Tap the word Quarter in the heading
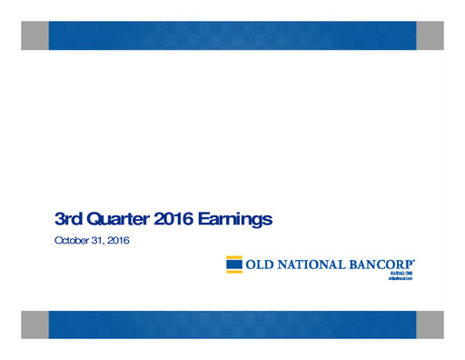click(x=116, y=219)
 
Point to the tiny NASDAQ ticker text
click(x=401, y=275)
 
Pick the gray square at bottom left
click(x=35, y=325)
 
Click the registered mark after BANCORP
click(x=416, y=260)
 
